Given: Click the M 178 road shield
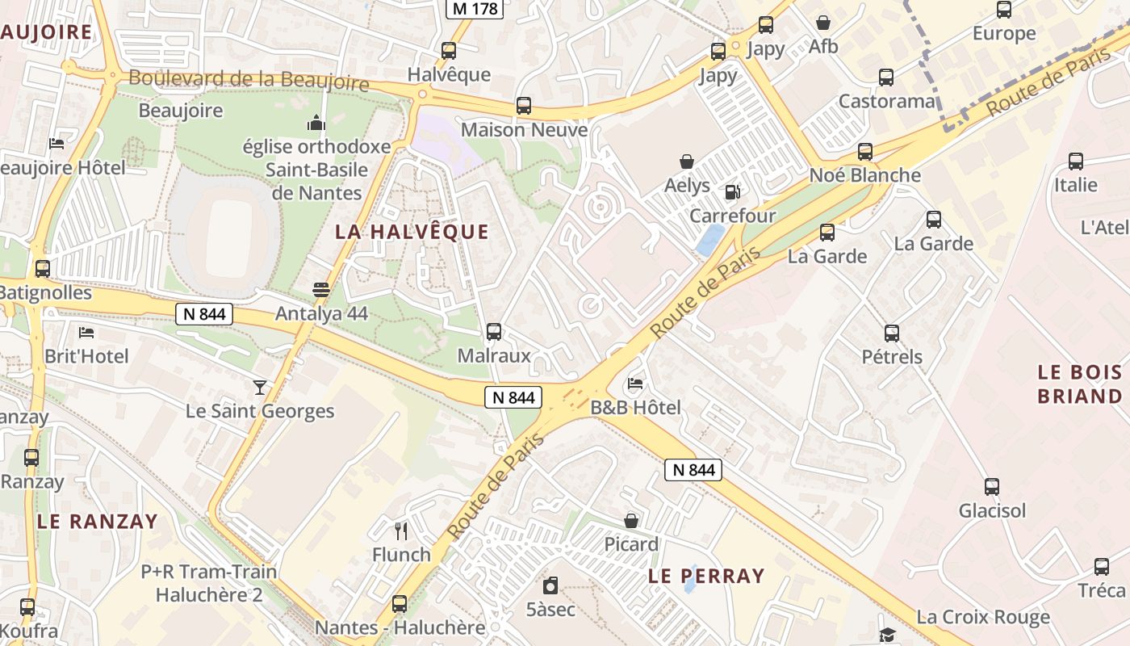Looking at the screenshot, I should (x=475, y=8).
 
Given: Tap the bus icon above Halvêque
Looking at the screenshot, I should (x=449, y=51).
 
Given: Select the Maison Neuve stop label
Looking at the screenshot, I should (x=524, y=130).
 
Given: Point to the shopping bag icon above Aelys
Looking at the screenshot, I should (x=687, y=161).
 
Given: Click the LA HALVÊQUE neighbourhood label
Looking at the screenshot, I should (x=412, y=232).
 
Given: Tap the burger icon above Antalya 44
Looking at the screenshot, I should (x=321, y=289).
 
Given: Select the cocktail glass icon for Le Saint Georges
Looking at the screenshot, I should (x=260, y=388).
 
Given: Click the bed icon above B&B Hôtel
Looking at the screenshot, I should (x=636, y=384).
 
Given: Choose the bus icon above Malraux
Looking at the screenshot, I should (x=494, y=331).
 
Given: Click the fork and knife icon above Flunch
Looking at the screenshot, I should (x=401, y=531).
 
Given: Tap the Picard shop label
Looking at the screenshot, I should (x=631, y=544).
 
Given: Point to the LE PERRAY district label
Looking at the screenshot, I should (x=706, y=576).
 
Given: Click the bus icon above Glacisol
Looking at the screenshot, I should (x=992, y=487).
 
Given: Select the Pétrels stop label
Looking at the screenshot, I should (x=891, y=356).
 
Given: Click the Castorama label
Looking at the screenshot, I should (x=886, y=102).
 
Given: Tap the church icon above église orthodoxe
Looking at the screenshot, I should (x=316, y=123).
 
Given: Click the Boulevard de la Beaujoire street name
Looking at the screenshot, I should (x=249, y=80).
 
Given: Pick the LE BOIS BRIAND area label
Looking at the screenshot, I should (x=1079, y=384).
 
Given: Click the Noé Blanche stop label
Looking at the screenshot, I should (x=864, y=175).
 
